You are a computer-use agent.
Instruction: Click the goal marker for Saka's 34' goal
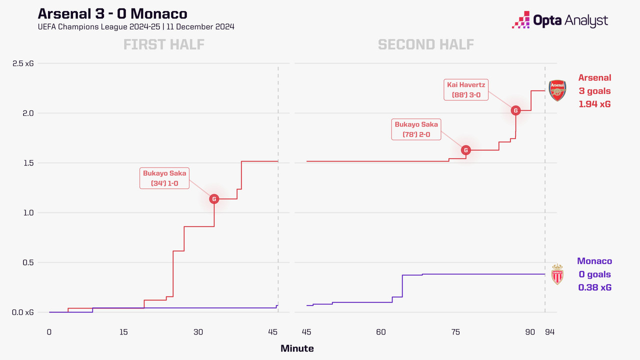click(x=214, y=199)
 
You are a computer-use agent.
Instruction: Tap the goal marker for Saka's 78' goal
click(x=465, y=150)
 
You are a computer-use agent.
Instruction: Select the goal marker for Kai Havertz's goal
click(x=515, y=110)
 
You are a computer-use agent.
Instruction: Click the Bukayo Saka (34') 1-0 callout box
click(x=164, y=178)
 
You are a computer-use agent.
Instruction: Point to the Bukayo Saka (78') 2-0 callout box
click(x=416, y=129)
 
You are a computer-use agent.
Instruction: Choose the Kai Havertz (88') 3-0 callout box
click(x=466, y=89)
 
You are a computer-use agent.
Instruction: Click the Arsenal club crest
click(x=556, y=90)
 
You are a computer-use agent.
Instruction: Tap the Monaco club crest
click(x=557, y=274)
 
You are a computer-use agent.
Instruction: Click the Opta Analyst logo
click(x=560, y=20)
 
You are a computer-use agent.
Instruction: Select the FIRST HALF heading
click(x=164, y=44)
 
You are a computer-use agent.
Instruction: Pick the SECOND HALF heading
click(x=425, y=44)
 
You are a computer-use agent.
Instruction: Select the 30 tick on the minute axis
click(x=198, y=332)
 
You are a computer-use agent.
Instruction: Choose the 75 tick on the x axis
click(x=455, y=332)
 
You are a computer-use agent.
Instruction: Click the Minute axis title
click(x=297, y=348)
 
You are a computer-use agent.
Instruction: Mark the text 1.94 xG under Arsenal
click(x=594, y=104)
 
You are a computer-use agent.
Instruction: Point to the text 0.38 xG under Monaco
click(x=594, y=287)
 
